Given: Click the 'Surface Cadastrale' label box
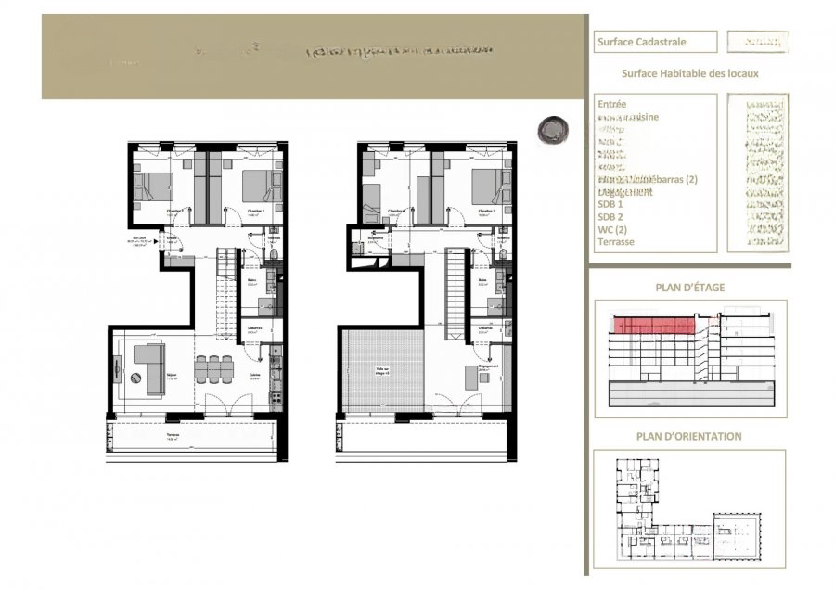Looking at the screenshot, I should (x=655, y=42).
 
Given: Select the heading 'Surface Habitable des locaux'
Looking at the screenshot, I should (x=689, y=73).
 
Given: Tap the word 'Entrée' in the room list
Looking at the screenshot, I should (x=613, y=105).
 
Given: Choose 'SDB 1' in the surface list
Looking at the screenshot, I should (x=611, y=204).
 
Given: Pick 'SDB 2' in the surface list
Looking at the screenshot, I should (x=611, y=216).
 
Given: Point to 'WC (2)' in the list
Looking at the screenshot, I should (x=612, y=228).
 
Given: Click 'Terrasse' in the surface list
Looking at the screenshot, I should (x=617, y=241).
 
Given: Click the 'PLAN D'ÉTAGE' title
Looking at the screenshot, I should (x=689, y=288).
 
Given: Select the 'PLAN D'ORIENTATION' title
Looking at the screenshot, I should (x=689, y=436).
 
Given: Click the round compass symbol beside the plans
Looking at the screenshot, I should (x=554, y=129).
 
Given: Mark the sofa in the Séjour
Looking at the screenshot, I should (x=148, y=355).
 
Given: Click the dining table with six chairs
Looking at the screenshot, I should (x=213, y=370).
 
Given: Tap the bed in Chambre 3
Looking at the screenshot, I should (x=490, y=185).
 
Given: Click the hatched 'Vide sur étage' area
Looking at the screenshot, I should (x=381, y=371).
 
